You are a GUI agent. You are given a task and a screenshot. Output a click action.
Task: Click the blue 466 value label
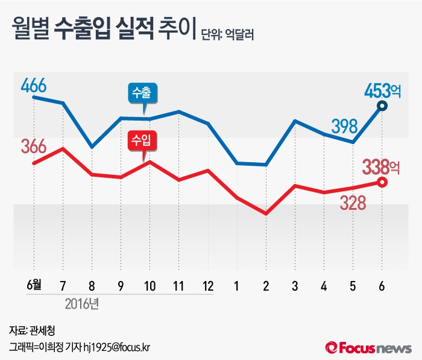[33, 85]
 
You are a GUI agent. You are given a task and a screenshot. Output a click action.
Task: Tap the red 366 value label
[33, 147]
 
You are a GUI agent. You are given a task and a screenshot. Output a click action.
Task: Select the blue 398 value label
[345, 126]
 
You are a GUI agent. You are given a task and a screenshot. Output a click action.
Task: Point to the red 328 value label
[353, 203]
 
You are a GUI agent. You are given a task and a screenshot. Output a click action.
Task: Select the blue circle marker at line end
[382, 107]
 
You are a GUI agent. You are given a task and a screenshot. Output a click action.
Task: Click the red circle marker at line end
[382, 182]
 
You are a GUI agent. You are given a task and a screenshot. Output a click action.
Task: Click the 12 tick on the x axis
[207, 285]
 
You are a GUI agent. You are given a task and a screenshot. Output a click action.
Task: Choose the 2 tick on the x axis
[266, 285]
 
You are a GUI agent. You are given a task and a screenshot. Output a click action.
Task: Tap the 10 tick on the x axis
[149, 285]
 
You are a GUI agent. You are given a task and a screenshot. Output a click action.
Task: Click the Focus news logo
[368, 347]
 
